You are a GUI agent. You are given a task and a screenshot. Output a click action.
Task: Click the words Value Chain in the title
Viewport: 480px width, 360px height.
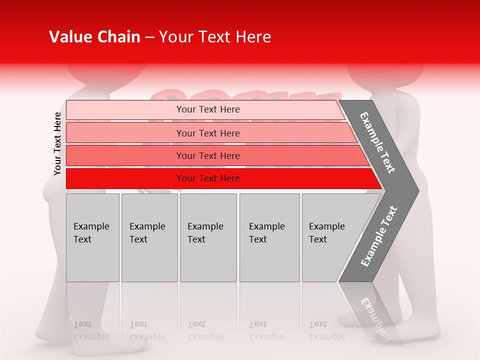pyautogui.click(x=94, y=37)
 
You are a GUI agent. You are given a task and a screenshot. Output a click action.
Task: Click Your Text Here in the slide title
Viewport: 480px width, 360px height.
pyautogui.click(x=215, y=37)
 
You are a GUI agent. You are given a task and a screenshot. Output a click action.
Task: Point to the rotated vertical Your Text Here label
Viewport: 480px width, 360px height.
pyautogui.click(x=57, y=143)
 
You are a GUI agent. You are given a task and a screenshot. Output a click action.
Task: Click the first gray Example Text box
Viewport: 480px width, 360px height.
pyautogui.click(x=92, y=237)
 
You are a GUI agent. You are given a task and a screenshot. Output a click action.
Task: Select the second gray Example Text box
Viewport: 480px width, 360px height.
pyautogui.click(x=149, y=237)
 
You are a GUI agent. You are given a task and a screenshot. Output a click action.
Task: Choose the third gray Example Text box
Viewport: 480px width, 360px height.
pyautogui.click(x=208, y=237)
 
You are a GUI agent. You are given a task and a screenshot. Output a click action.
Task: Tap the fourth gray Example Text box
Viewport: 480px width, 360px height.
pyautogui.click(x=269, y=237)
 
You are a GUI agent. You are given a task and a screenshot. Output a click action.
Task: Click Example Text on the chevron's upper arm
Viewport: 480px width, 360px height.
pyautogui.click(x=377, y=142)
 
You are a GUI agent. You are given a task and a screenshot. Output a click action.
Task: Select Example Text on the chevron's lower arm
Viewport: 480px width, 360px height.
pyautogui.click(x=379, y=236)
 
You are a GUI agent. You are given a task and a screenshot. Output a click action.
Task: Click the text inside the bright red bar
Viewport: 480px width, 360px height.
pyautogui.click(x=208, y=178)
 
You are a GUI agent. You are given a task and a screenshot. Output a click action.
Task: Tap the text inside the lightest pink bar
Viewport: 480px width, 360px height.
pyautogui.click(x=208, y=109)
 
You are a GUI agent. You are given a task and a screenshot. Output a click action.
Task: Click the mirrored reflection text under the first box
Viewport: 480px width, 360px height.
pyautogui.click(x=91, y=330)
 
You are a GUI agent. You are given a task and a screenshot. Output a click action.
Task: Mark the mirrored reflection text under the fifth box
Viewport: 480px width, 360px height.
pyautogui.click(x=327, y=330)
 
